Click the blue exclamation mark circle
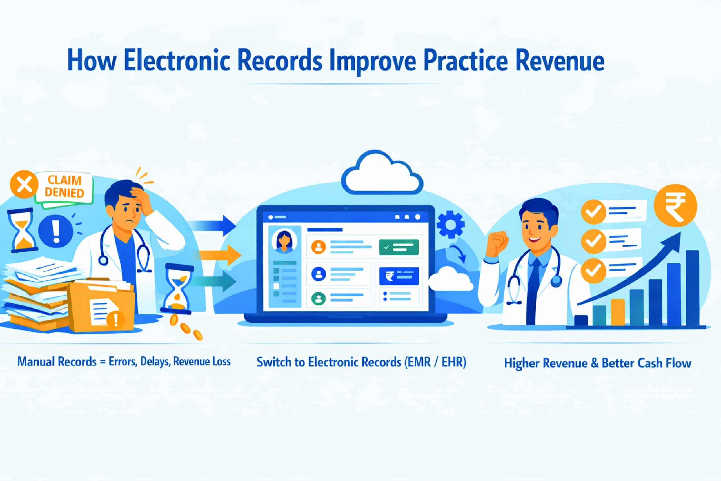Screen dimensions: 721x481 pos(55,231)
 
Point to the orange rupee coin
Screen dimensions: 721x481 pos(675,205)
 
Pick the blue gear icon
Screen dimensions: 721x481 pos(450,224)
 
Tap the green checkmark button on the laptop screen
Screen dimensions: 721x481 pos(399,247)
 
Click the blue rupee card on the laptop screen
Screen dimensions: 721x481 pos(399,276)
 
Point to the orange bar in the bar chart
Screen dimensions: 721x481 pos(618,312)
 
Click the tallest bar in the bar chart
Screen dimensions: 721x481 pos(692,288)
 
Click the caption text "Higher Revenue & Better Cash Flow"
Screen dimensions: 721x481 pos(598,363)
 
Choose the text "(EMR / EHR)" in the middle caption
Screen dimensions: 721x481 pos(435,362)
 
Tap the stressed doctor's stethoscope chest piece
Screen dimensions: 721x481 pos(103,260)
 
